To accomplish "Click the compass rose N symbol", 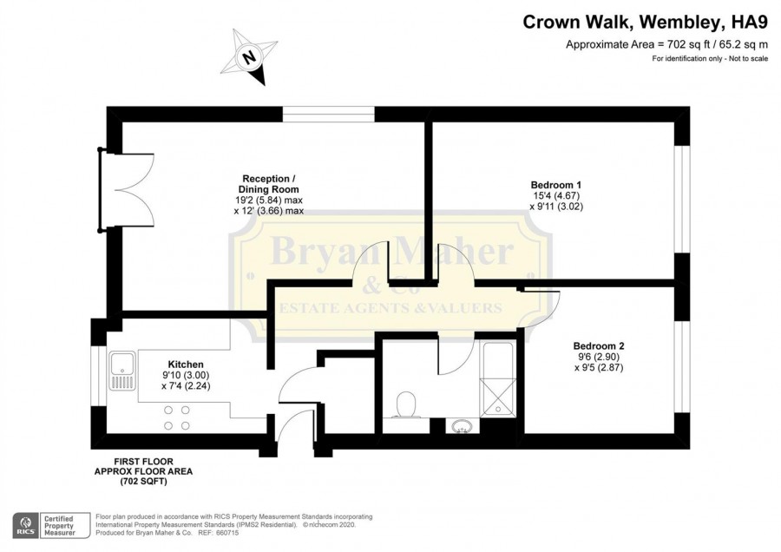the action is [248, 56].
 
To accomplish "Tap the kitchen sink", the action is [123, 371].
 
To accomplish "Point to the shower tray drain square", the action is [497, 409].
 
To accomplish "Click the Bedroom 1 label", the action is [556, 184].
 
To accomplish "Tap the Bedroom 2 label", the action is [599, 345].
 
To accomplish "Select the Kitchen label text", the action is [186, 365].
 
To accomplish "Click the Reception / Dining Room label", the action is [268, 184].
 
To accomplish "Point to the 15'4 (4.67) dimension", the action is [556, 196].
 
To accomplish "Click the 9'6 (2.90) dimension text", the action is [599, 358].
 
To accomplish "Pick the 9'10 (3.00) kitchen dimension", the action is [186, 375].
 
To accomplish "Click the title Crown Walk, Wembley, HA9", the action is [645, 23].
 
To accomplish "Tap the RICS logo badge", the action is [26, 526].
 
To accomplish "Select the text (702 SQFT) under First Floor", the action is [143, 482].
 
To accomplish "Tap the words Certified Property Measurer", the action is [60, 526].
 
